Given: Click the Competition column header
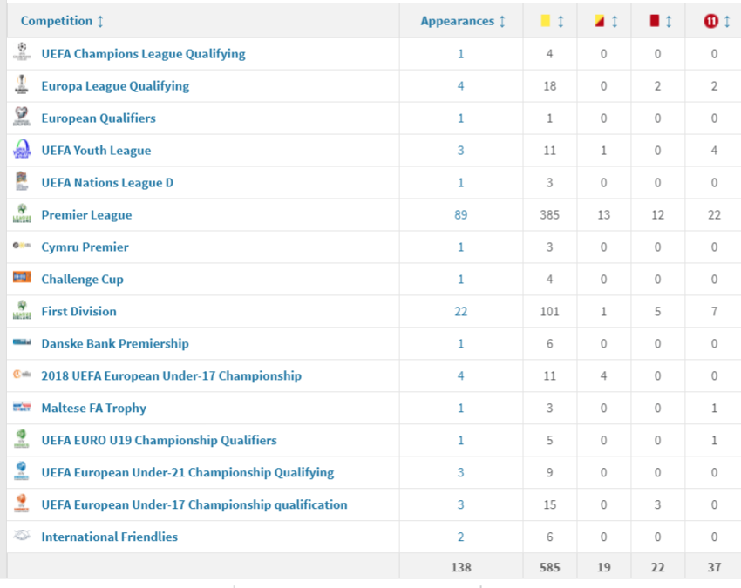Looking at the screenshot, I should click(x=57, y=21).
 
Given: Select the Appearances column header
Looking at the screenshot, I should click(x=458, y=21).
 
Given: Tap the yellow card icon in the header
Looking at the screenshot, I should click(x=545, y=21).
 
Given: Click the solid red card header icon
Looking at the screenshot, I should click(x=655, y=21).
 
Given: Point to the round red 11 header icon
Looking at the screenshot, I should click(x=711, y=21).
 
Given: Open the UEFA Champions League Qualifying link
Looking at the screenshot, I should click(x=143, y=54).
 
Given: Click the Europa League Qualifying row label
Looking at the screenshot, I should click(x=115, y=86).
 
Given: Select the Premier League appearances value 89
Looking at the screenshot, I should click(x=461, y=215).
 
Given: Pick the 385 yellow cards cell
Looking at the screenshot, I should click(x=549, y=215).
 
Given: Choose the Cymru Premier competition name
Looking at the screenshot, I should click(x=85, y=247).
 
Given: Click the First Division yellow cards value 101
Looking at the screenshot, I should click(x=549, y=312).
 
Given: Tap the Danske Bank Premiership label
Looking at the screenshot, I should click(x=115, y=344).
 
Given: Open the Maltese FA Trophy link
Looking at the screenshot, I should click(x=93, y=409).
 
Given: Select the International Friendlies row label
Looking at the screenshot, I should click(x=109, y=537).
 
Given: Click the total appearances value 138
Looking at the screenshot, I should click(x=461, y=567).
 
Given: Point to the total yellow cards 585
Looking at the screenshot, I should click(x=549, y=567).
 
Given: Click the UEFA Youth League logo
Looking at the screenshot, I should click(x=22, y=149).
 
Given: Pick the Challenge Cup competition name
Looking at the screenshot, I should click(x=82, y=280).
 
